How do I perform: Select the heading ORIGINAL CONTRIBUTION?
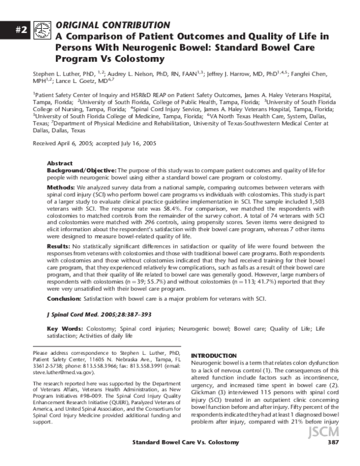point(112,25)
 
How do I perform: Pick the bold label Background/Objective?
point(82,171)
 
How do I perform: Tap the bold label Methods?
point(62,188)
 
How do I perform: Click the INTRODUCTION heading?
point(214,356)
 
